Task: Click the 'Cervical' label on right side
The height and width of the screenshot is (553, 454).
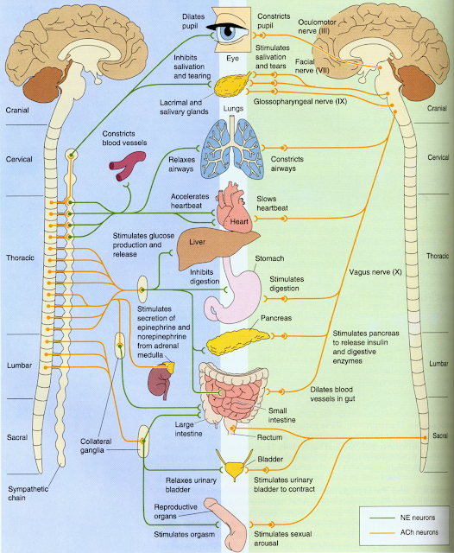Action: [x=438, y=158]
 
